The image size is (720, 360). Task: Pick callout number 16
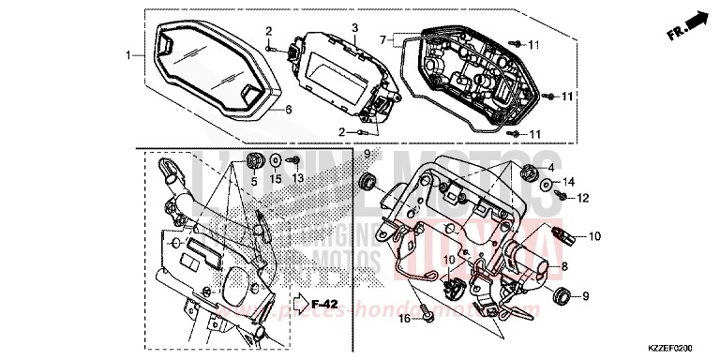click(404, 319)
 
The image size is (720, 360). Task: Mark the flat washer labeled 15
click(277, 158)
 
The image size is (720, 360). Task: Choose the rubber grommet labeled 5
click(253, 158)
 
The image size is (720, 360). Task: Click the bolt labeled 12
click(559, 197)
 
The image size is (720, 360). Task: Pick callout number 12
click(582, 198)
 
